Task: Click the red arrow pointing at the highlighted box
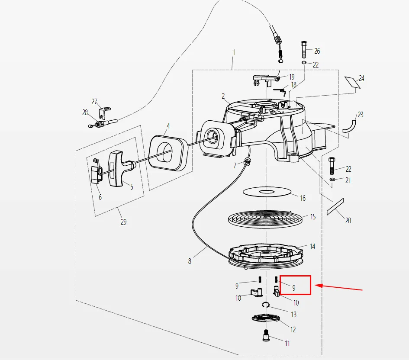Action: coord(340,287)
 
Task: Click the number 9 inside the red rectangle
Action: coord(294,287)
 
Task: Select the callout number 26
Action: coord(317,51)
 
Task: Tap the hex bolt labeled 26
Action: coord(304,49)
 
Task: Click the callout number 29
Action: coord(123,222)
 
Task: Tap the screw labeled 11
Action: coord(266,335)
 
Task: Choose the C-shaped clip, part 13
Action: coord(267,306)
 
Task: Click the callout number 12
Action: coord(293,330)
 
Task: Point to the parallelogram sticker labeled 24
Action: coord(352,82)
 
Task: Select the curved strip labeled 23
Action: coord(350,125)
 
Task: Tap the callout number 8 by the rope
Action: coord(189,261)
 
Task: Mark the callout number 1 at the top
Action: coord(234,52)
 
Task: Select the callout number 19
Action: coord(292,77)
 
